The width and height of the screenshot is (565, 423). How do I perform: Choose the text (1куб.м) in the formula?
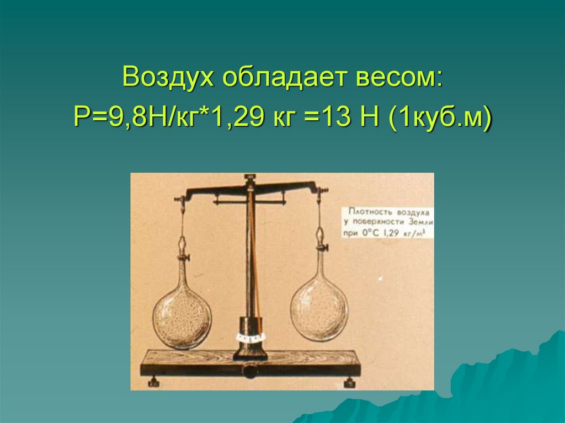(440, 117)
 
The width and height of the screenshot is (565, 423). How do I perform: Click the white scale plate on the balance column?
(250, 336)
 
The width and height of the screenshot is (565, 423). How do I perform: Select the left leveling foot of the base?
(153, 381)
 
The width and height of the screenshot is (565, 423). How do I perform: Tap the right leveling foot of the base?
(349, 381)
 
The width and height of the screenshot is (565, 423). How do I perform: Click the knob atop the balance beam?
(250, 178)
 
